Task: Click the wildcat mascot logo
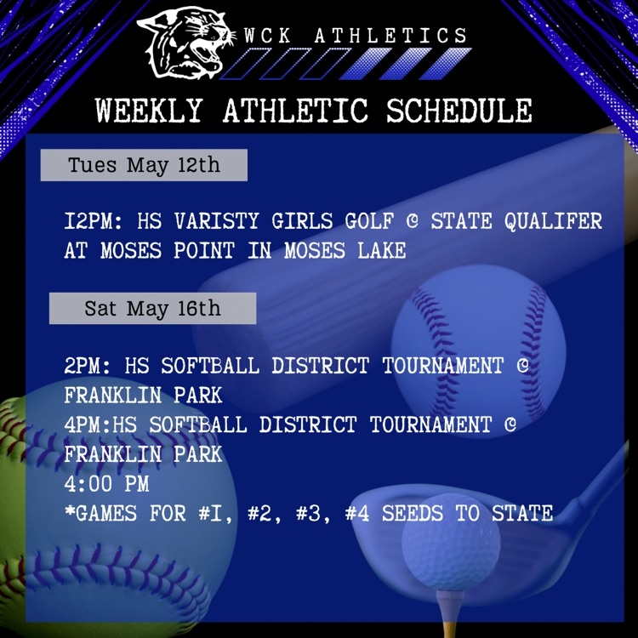185,43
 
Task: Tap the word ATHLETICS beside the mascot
391,36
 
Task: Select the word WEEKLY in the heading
149,110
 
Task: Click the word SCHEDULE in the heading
459,110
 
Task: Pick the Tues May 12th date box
144,165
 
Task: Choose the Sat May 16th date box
152,308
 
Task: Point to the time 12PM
94,221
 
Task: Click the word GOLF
369,221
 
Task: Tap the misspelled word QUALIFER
553,221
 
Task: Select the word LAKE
382,250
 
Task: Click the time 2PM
87,366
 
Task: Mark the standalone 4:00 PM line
106,483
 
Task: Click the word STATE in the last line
522,513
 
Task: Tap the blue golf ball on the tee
451,542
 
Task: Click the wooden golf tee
450,612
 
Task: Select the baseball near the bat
478,350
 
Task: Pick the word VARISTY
217,221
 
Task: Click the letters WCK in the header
268,36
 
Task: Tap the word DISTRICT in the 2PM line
320,366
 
